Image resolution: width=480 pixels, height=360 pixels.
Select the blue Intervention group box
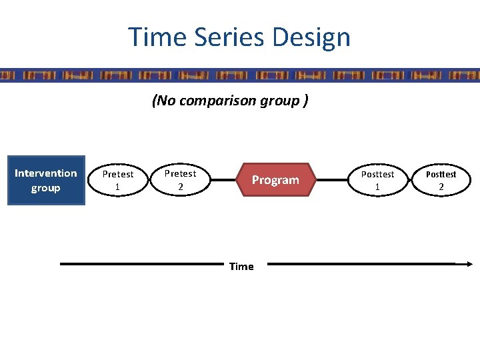pos(46,181)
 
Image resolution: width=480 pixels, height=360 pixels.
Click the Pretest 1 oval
pos(117,180)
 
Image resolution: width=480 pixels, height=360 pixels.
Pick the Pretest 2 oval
pos(180,180)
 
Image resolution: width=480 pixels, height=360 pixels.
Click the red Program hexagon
pos(275,180)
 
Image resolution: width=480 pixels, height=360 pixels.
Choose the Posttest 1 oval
pos(377,180)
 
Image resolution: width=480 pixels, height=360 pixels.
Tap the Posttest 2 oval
pos(441,180)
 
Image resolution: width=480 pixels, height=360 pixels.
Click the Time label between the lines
pos(241,267)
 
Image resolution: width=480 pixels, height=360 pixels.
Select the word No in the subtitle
pos(164,101)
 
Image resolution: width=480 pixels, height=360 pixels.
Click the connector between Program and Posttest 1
pos(331,180)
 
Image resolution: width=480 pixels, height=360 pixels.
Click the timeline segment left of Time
pos(140,264)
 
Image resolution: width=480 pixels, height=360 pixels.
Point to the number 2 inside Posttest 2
pos(441,187)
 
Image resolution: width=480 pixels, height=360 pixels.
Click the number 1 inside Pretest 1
pos(117,187)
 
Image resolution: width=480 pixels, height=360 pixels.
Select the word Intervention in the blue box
pos(46,173)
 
